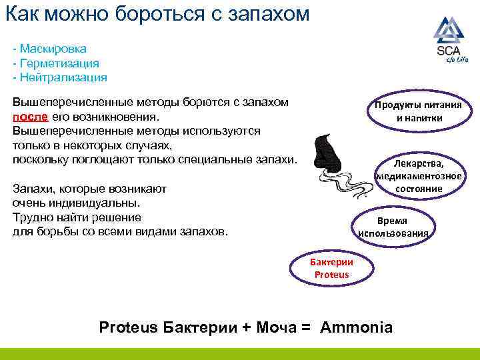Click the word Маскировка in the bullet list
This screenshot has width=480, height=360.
(53, 49)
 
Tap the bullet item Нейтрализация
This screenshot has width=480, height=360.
(63, 77)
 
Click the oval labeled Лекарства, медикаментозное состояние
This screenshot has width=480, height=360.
(418, 176)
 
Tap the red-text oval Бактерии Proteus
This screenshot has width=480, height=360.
(331, 269)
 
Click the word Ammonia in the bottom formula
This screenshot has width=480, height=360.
(357, 327)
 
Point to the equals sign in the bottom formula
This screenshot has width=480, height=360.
(307, 327)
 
